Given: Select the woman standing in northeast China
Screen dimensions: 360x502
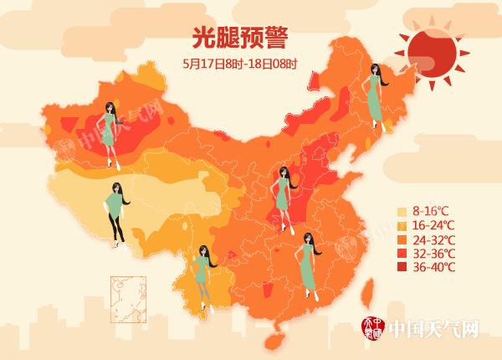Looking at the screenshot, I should point(375,97).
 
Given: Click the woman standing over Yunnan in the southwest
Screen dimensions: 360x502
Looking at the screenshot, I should point(202,276).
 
